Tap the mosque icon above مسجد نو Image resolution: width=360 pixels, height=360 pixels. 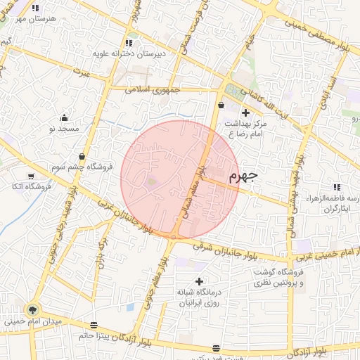tap(65, 118)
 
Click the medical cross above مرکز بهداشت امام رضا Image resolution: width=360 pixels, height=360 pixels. tap(245, 112)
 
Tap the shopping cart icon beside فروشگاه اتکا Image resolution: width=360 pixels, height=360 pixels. tap(30, 176)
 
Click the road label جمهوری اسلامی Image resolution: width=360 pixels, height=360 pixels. tap(153, 91)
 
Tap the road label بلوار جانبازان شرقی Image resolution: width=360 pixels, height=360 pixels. tap(224, 247)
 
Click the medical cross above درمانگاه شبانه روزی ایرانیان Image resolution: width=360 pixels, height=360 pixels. tap(199, 281)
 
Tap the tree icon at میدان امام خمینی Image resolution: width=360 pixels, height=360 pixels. tap(32, 309)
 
